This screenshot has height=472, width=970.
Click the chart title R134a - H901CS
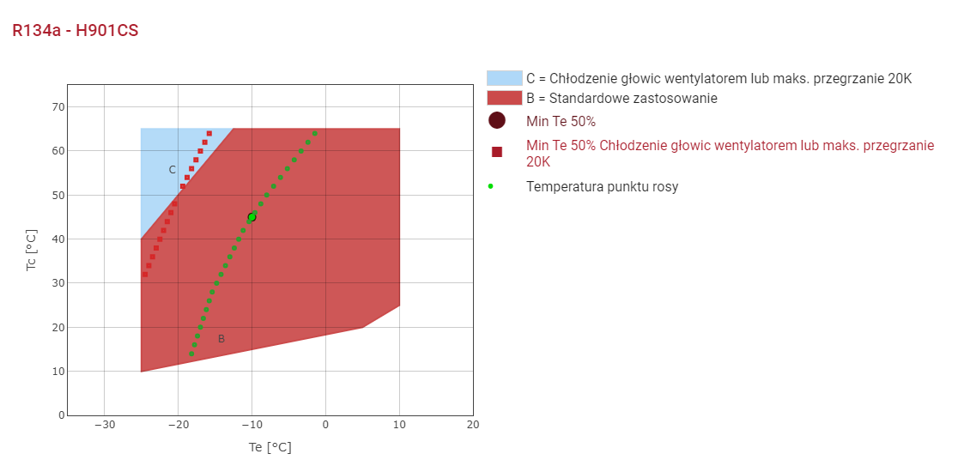click(x=76, y=31)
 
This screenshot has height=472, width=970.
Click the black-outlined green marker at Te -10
click(x=252, y=217)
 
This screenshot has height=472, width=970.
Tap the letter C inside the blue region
click(x=172, y=170)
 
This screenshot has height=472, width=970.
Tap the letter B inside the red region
click(x=221, y=339)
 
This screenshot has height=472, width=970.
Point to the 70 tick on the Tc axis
click(x=58, y=107)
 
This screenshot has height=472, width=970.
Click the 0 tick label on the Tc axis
click(x=61, y=415)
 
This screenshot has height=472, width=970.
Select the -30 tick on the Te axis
click(x=104, y=425)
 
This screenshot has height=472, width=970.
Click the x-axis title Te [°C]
click(x=270, y=447)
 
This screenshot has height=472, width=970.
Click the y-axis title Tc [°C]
click(x=32, y=250)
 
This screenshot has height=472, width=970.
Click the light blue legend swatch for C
click(x=504, y=78)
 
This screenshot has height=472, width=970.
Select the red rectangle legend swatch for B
click(x=504, y=98)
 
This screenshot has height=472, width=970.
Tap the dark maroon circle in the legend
click(x=497, y=121)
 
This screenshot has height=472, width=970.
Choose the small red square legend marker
click(x=497, y=152)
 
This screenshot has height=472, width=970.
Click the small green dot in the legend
click(x=490, y=186)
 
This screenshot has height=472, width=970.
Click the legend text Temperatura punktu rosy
click(x=602, y=186)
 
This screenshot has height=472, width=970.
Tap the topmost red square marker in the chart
click(x=209, y=133)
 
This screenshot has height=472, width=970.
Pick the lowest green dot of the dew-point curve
click(x=191, y=354)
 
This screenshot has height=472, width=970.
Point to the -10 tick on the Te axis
click(x=252, y=425)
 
